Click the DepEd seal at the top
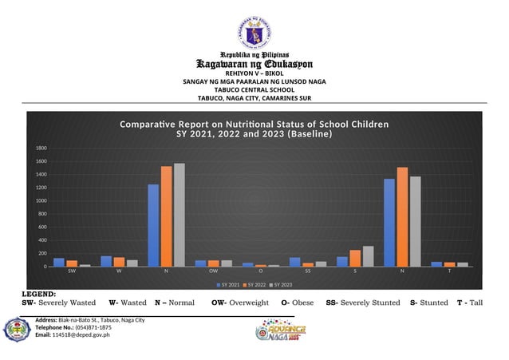click(x=254, y=33)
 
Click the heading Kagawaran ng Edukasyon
click(x=254, y=63)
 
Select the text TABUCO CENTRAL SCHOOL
click(x=254, y=89)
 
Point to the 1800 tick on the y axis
click(x=40, y=148)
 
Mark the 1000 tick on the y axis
click(x=40, y=200)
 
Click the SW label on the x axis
click(x=72, y=271)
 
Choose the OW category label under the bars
click(x=213, y=271)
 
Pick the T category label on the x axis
click(x=449, y=271)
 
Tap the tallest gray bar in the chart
click(x=179, y=215)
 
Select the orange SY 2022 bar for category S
click(x=355, y=258)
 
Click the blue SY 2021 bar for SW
click(x=59, y=262)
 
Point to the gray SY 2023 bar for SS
click(x=321, y=263)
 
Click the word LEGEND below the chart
click(x=38, y=295)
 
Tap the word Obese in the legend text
click(x=302, y=303)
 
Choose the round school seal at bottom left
click(x=17, y=329)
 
